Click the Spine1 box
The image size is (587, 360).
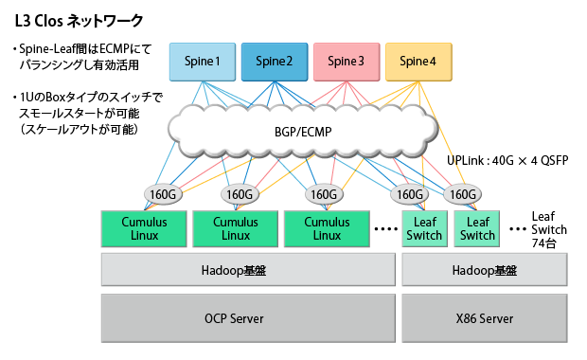click(x=203, y=62)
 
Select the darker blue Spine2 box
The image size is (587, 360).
click(x=275, y=62)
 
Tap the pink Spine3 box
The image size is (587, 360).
click(x=346, y=62)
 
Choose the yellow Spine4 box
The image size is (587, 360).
click(x=418, y=62)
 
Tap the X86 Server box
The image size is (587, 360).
click(x=485, y=318)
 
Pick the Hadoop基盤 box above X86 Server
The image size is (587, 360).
click(x=485, y=270)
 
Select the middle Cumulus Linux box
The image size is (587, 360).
click(x=235, y=228)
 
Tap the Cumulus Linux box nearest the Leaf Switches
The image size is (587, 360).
click(x=326, y=228)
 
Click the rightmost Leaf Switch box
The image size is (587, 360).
click(x=477, y=228)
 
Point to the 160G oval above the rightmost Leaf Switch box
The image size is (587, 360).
click(x=462, y=194)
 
